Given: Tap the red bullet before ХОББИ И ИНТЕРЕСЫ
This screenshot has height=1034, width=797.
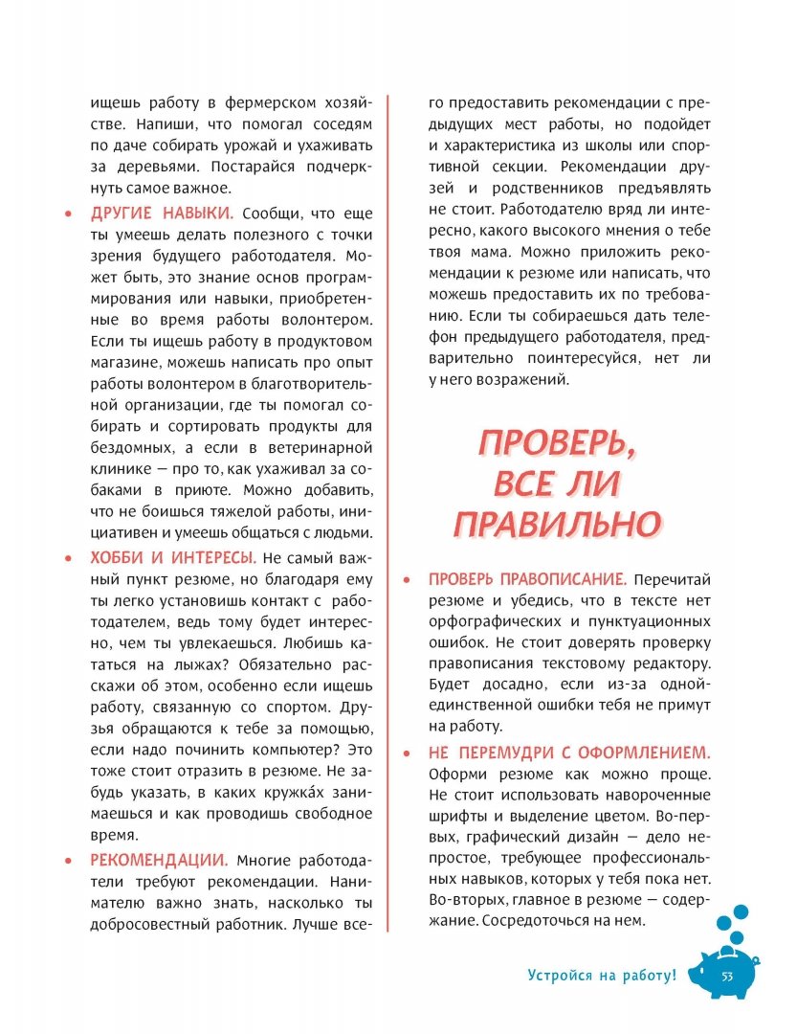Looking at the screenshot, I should [68, 558].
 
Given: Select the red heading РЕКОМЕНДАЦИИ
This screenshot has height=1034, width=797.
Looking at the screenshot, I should [159, 860].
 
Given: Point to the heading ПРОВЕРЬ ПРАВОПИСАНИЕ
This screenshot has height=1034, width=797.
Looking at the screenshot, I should [527, 579].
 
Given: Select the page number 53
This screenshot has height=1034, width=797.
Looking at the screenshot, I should [726, 977].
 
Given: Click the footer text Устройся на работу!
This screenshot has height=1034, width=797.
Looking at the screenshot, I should [602, 976].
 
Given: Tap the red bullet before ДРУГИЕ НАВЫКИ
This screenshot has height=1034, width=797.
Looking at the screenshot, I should [68, 214].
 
